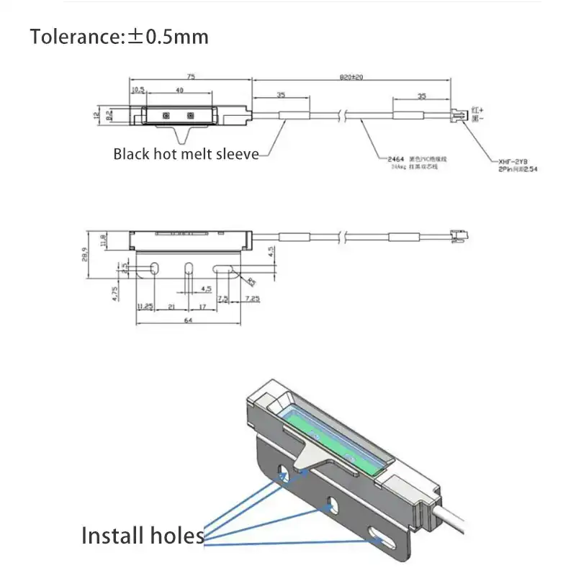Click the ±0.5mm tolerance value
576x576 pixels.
[x=168, y=36]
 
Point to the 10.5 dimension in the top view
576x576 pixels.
[x=137, y=90]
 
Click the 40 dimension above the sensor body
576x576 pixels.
[x=179, y=90]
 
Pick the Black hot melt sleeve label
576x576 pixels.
[x=186, y=154]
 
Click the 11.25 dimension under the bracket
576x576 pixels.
[x=145, y=306]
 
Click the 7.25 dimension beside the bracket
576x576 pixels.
[x=251, y=298]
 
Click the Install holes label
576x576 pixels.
[x=142, y=536]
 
